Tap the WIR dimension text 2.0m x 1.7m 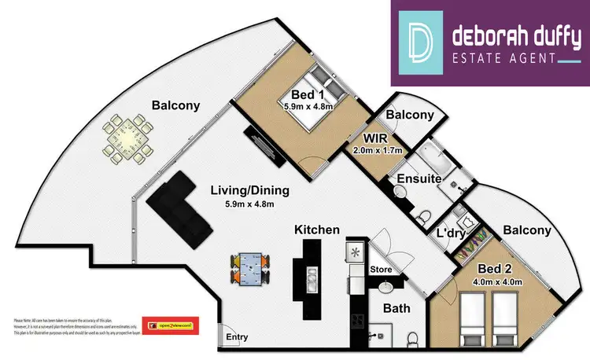377,150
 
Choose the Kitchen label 316,230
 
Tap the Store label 382,270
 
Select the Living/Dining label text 249,190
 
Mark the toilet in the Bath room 414,340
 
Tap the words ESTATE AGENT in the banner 503,56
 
